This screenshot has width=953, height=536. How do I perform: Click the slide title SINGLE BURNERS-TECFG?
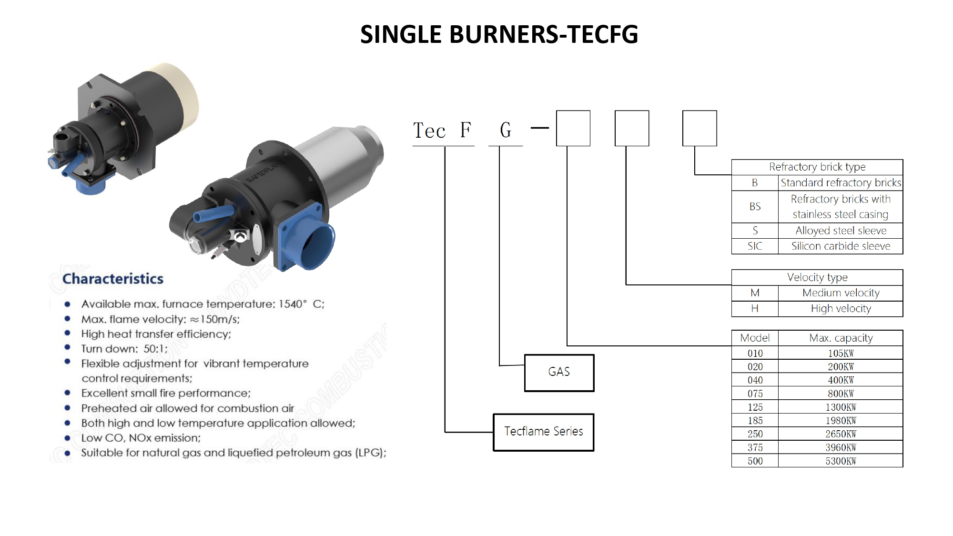[x=498, y=34]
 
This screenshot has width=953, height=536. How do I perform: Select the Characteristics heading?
[x=113, y=279]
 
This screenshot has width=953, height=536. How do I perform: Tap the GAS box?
[x=559, y=372]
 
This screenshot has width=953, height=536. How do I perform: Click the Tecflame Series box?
[x=543, y=432]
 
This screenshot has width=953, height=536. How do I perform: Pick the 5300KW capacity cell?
[x=841, y=461]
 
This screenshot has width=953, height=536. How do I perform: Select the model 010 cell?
[x=755, y=354]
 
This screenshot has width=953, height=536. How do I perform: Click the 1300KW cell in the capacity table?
[x=841, y=407]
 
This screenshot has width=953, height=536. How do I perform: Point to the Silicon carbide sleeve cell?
[x=841, y=246]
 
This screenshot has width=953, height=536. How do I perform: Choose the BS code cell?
[x=755, y=207]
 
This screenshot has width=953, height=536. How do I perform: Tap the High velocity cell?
[x=841, y=309]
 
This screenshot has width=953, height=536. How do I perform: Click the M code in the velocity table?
[x=755, y=293]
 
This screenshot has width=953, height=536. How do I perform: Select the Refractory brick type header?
[x=817, y=167]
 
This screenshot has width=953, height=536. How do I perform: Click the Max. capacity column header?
[x=841, y=338]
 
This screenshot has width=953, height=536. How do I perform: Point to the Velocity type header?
[x=817, y=277]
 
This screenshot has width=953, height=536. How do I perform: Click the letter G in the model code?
[x=506, y=130]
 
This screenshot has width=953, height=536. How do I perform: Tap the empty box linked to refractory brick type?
[x=700, y=128]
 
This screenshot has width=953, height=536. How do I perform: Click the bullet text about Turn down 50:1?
[x=124, y=349]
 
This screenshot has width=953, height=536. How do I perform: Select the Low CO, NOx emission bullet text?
[x=141, y=438]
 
